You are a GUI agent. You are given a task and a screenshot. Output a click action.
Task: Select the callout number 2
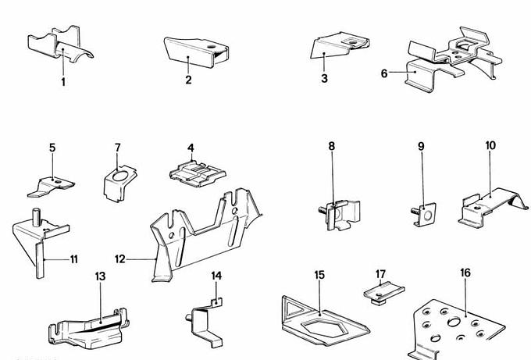pos(188,80)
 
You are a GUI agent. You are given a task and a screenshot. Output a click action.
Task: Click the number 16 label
pos(465,273)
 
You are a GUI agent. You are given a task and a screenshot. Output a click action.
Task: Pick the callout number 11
pos(73,258)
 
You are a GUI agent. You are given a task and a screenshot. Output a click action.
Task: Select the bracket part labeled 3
pos(337,47)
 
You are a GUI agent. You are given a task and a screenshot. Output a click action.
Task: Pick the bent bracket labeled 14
pos(205,320)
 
